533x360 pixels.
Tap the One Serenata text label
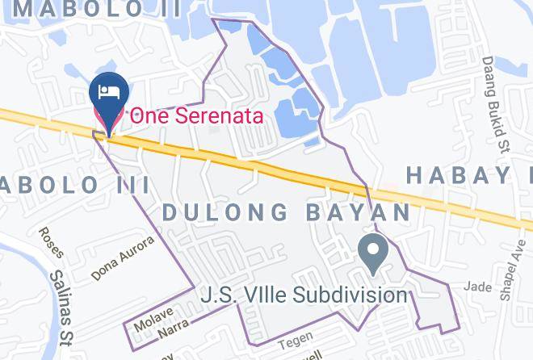coord(197,115)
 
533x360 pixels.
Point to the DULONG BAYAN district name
coord(287,212)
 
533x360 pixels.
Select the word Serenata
coord(216,115)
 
